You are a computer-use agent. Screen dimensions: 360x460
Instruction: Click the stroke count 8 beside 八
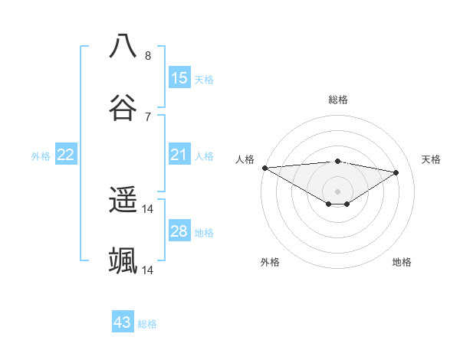[148, 55]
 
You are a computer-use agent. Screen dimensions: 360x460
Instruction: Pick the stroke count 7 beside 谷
[148, 116]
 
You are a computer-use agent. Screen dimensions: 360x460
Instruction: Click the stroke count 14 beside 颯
[148, 270]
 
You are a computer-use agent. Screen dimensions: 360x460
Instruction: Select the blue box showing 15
[179, 77]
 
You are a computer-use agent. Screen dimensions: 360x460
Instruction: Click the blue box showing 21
[179, 155]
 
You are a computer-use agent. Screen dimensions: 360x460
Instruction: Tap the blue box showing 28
[179, 231]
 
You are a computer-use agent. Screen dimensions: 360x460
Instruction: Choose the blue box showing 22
[66, 155]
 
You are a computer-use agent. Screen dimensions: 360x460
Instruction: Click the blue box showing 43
[123, 322]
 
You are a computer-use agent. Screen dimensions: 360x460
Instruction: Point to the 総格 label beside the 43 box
[147, 324]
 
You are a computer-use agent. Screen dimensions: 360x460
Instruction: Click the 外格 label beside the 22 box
[41, 156]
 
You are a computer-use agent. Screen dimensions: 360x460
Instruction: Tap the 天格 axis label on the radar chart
[431, 159]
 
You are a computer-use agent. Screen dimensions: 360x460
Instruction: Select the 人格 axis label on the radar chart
[244, 159]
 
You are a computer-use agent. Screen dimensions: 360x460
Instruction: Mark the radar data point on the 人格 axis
[264, 168]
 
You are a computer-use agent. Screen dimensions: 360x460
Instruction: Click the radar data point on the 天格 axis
[396, 172]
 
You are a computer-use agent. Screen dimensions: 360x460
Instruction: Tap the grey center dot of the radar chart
[337, 191]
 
